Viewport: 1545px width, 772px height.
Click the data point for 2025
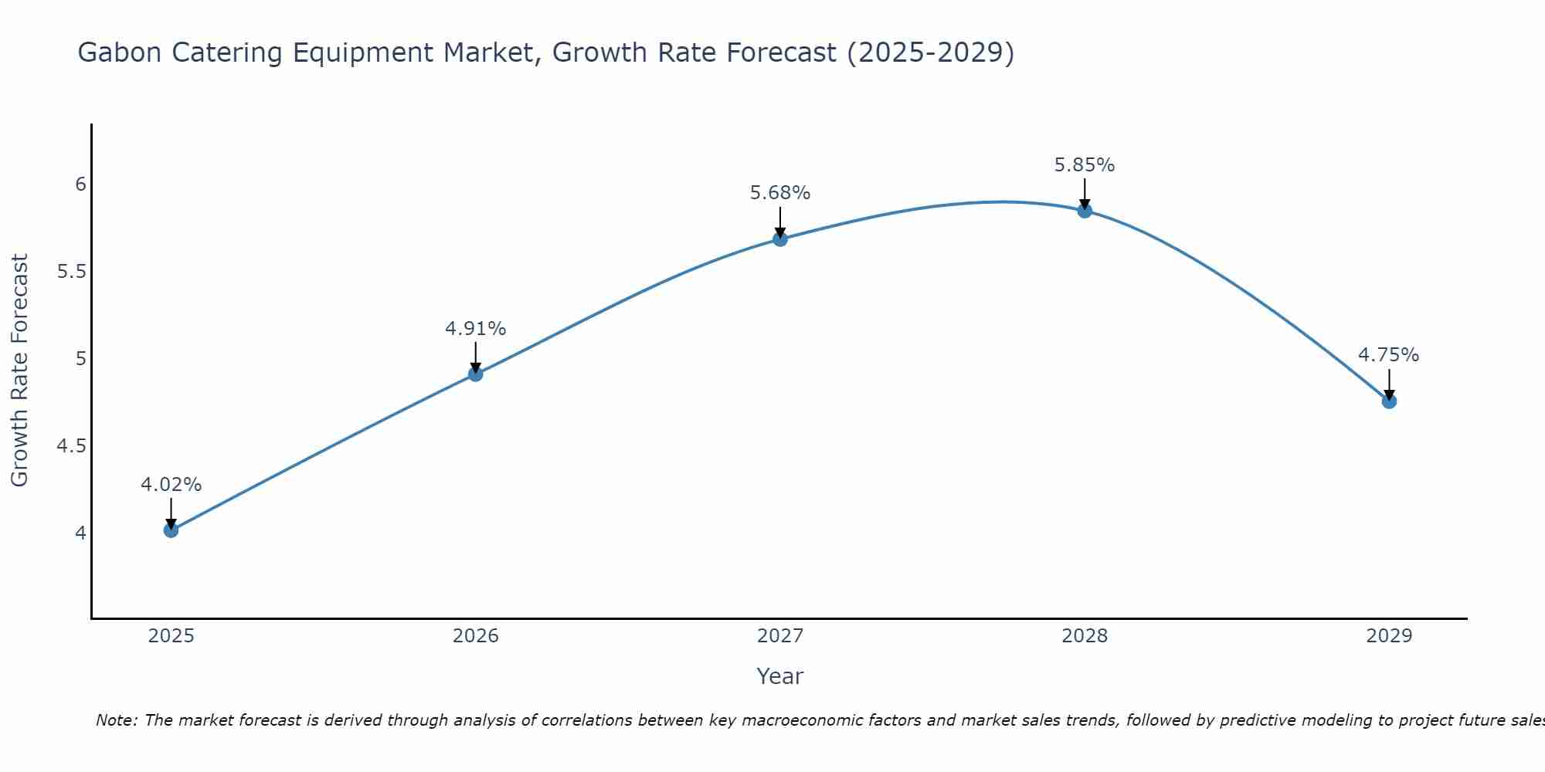click(x=171, y=530)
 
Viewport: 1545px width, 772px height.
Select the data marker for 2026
click(x=476, y=374)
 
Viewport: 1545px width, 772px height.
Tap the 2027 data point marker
click(x=780, y=239)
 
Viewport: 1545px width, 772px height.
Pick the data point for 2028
click(x=1085, y=211)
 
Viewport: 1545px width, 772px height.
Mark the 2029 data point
click(x=1389, y=401)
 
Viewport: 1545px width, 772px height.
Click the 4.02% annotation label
click(x=171, y=485)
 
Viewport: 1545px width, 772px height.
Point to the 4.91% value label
click(x=476, y=329)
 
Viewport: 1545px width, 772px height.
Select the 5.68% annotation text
click(x=780, y=193)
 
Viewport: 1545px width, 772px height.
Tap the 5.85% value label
click(x=1085, y=165)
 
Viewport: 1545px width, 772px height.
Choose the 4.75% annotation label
click(x=1389, y=355)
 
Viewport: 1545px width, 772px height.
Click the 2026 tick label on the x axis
click(x=476, y=636)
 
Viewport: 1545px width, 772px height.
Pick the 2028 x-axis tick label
click(x=1085, y=636)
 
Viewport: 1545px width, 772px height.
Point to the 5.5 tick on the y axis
click(x=71, y=272)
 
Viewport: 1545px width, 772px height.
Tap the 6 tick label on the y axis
click(x=80, y=185)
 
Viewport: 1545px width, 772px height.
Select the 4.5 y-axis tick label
click(x=71, y=446)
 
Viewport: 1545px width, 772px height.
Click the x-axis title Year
click(x=780, y=676)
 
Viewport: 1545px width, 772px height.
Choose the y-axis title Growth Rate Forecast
click(x=19, y=371)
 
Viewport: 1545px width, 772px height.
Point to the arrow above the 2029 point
click(x=1389, y=384)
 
